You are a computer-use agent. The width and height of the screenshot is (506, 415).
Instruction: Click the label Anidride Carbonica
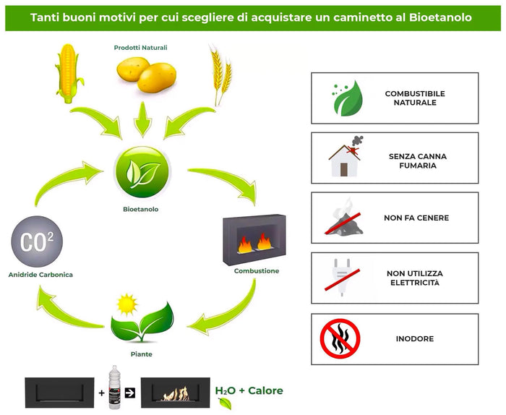tap(40, 275)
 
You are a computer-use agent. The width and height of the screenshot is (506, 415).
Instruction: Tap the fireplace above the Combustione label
tap(256, 239)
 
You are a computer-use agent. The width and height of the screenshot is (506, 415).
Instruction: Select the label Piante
tap(142, 355)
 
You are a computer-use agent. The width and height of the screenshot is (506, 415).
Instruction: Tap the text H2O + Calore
tap(249, 391)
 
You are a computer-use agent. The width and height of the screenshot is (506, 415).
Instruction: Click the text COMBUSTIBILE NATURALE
tap(414, 98)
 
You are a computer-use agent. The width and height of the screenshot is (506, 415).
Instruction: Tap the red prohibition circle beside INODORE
tap(340, 338)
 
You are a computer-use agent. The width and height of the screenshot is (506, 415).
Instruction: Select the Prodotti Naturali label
tap(140, 48)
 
